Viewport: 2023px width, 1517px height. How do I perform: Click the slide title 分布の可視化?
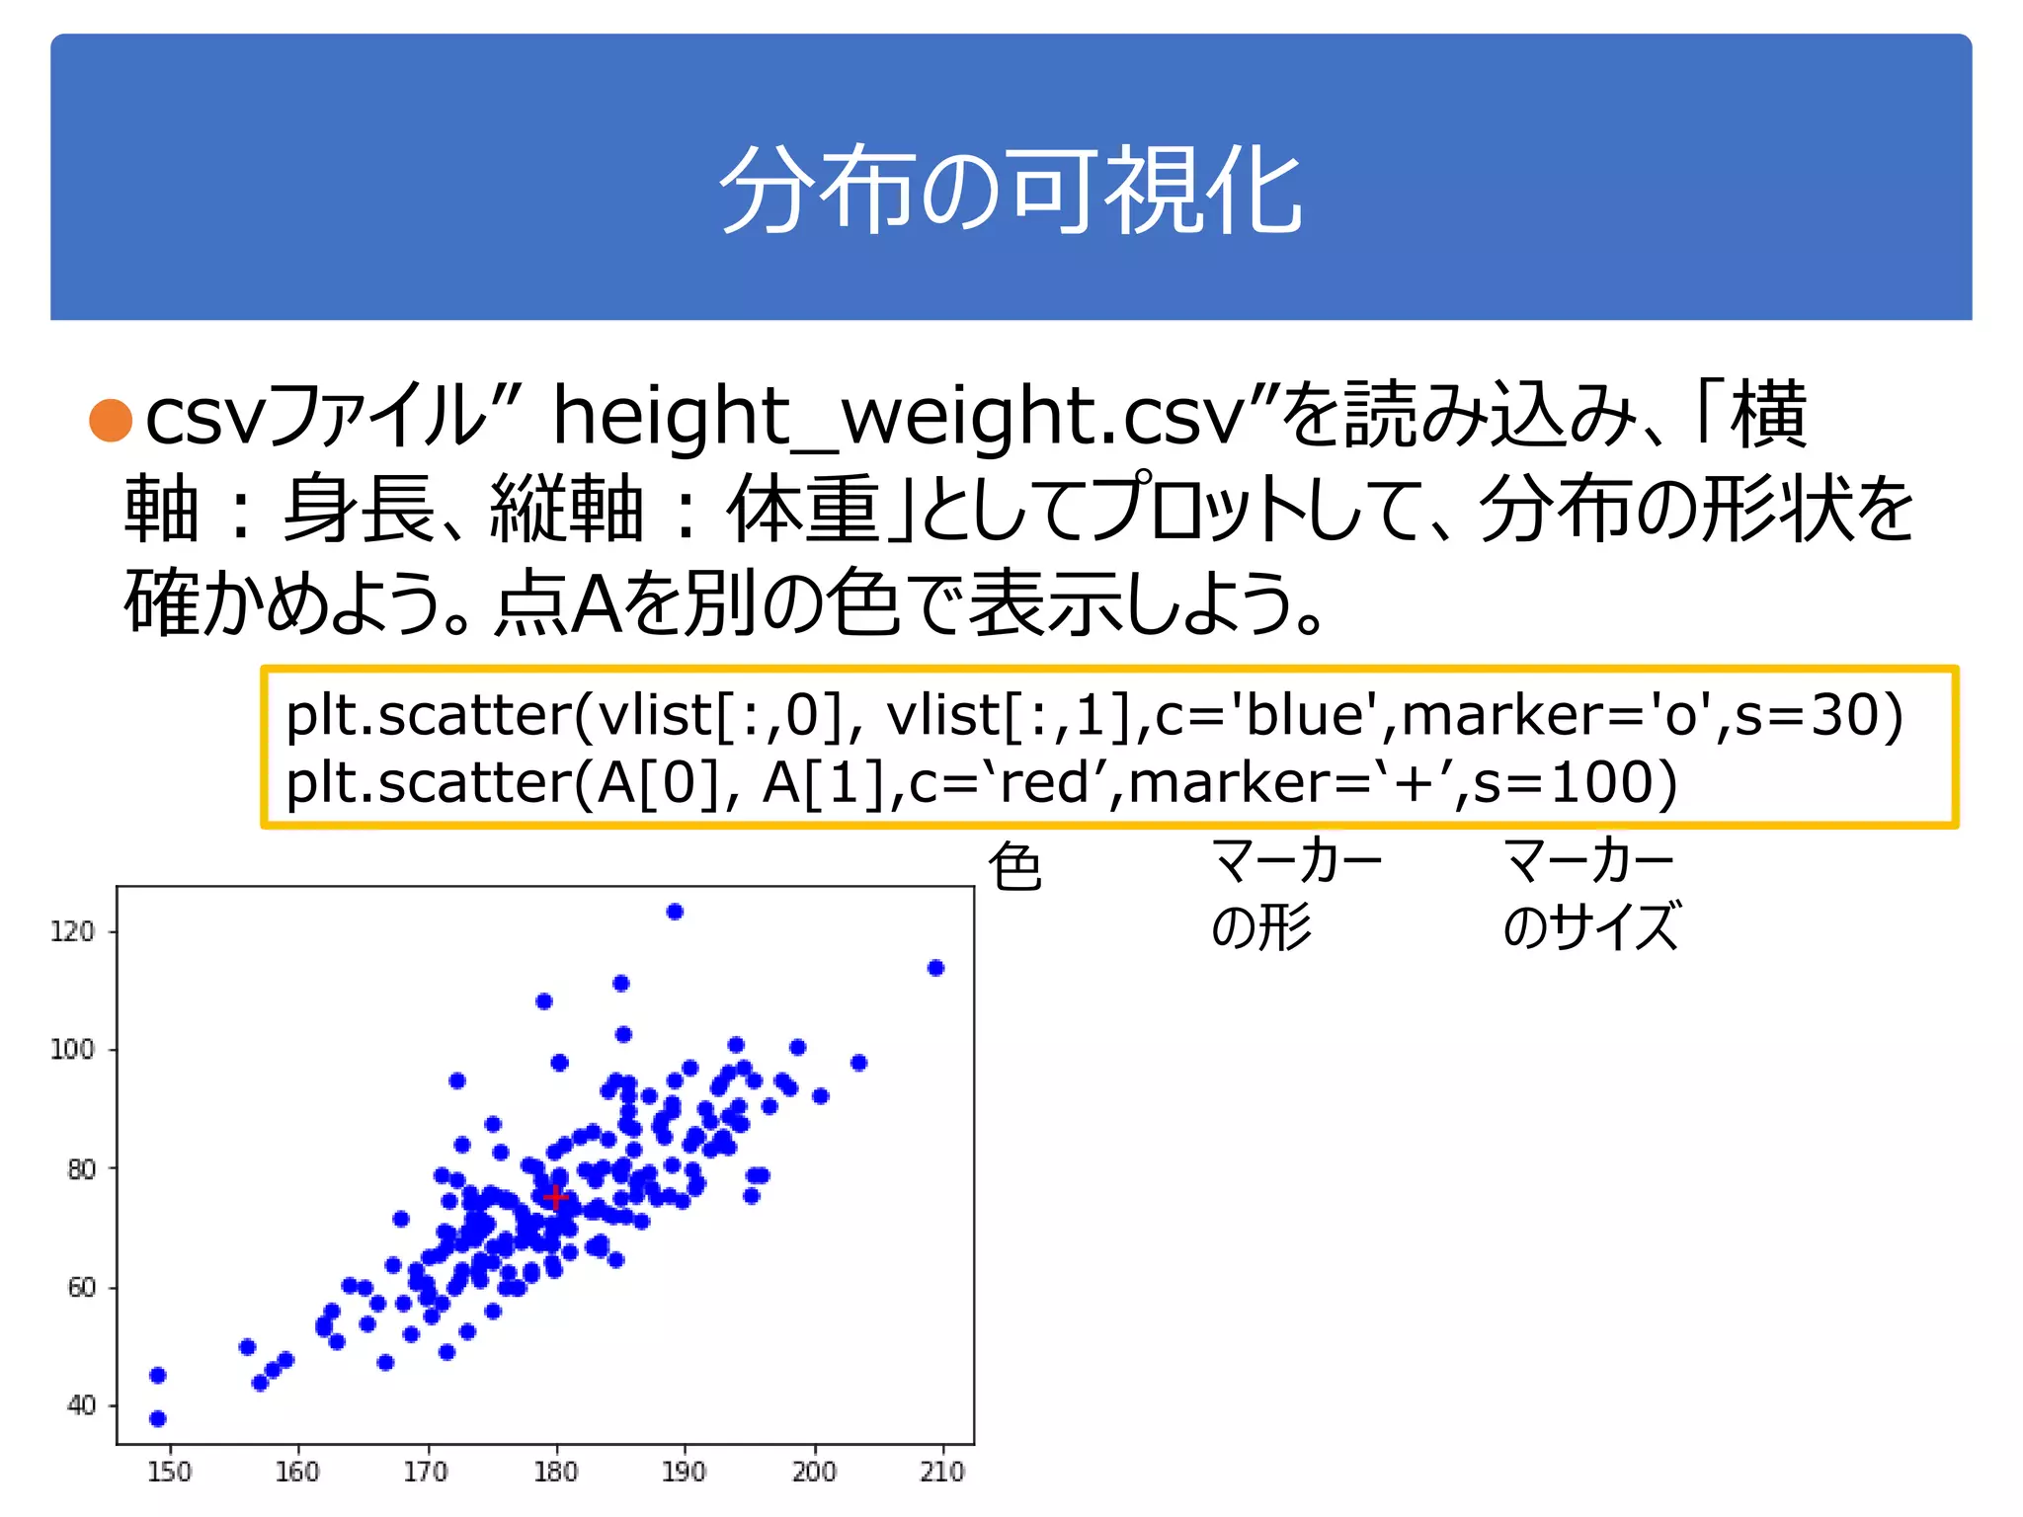[x=1011, y=190]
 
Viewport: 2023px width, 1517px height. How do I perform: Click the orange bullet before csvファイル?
[x=111, y=420]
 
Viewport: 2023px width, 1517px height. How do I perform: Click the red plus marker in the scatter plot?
[x=556, y=1197]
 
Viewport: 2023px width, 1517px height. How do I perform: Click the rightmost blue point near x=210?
[x=935, y=968]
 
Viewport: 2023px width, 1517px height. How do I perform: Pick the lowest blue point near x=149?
[x=158, y=1418]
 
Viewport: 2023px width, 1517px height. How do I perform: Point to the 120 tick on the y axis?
[x=72, y=931]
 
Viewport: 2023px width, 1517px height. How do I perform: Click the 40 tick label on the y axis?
[x=81, y=1405]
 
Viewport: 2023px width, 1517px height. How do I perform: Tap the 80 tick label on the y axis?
[x=81, y=1169]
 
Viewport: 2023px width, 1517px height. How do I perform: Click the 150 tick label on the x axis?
[x=169, y=1472]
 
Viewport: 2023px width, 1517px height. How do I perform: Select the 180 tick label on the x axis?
[x=555, y=1472]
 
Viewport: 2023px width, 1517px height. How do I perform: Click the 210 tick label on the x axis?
[x=941, y=1472]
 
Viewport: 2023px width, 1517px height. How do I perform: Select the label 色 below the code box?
[x=1014, y=867]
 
